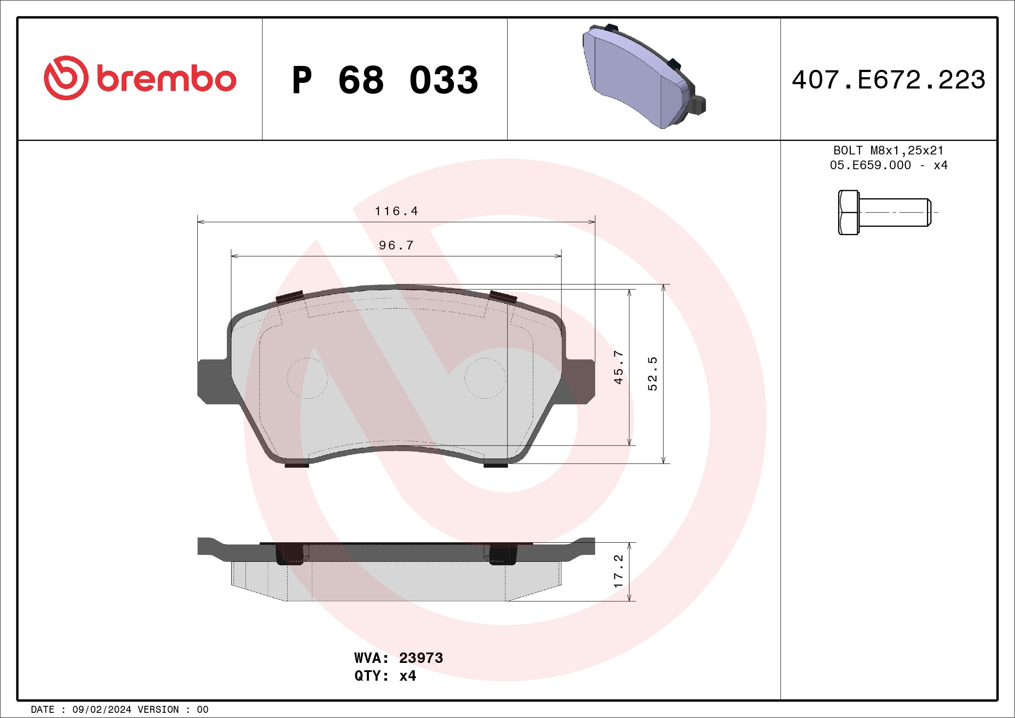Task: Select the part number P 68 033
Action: point(385,80)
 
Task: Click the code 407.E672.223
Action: point(888,80)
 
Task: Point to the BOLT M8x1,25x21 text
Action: point(888,150)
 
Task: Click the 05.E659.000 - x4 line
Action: point(888,165)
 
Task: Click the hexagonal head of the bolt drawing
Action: point(848,212)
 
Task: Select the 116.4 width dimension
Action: point(396,211)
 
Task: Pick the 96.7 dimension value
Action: point(396,245)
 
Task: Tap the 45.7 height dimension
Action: point(619,367)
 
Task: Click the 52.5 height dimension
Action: point(652,374)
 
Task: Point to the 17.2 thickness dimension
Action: point(619,571)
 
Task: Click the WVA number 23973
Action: point(420,658)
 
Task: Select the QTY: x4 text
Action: point(385,676)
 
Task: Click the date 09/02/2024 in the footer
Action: point(101,710)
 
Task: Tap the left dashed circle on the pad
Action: point(307,378)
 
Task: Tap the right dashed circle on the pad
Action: point(485,378)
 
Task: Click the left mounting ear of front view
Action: point(212,381)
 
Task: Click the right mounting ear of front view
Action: point(580,381)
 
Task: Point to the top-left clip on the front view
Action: point(290,297)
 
